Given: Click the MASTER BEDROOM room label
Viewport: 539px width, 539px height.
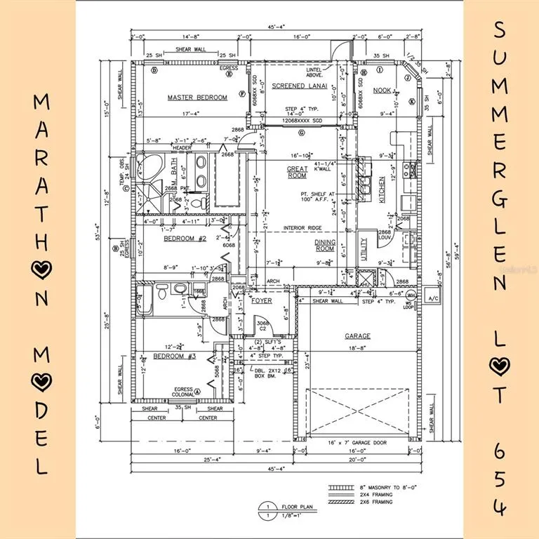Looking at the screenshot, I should pos(197,98).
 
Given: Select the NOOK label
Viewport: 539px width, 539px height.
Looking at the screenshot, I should pos(382,90).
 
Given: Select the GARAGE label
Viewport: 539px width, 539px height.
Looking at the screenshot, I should pos(357,336).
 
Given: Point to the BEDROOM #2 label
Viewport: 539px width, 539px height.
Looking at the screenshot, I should pos(183,239).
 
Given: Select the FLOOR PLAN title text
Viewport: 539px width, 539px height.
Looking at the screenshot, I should pos(293,505).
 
